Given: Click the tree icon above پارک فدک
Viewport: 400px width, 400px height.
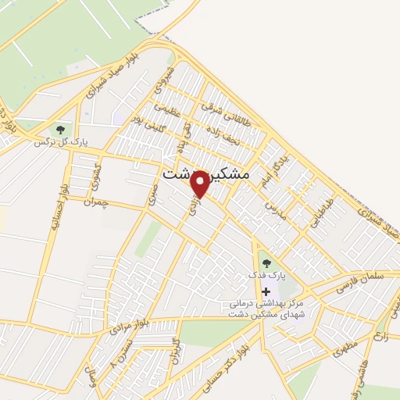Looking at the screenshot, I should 266,263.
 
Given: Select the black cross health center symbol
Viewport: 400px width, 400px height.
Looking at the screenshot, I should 266,291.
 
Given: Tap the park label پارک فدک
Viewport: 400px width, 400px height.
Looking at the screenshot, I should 268,277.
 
